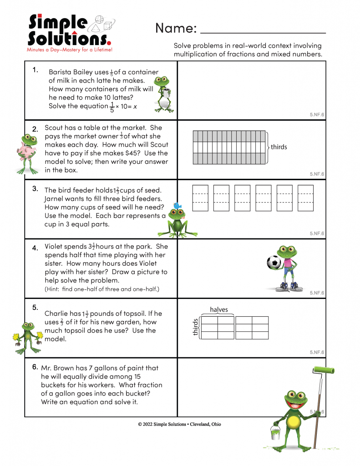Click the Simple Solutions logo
click(x=68, y=32)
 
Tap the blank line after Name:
click(x=263, y=32)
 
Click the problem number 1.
click(x=35, y=70)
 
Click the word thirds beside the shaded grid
click(x=279, y=147)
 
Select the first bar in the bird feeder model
click(x=200, y=198)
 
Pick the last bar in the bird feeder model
click(x=305, y=198)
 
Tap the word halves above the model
click(x=219, y=309)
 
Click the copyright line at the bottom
click(x=180, y=424)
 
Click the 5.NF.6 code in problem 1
click(x=317, y=115)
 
